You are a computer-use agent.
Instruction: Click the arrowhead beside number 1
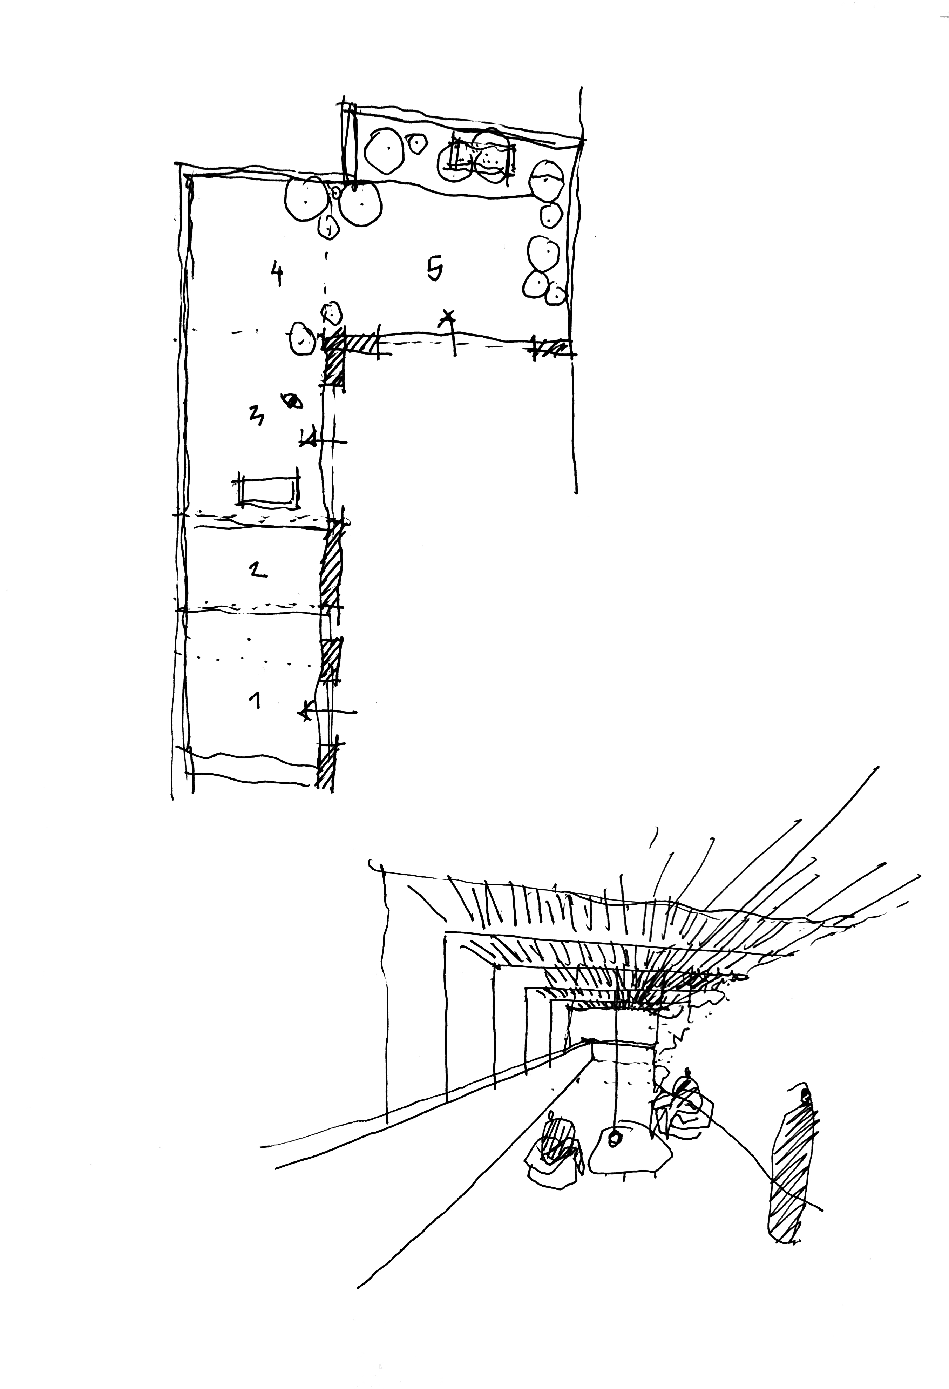coord(306,711)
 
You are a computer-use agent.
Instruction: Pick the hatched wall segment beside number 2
coord(331,565)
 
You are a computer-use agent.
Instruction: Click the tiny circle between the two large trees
coord(336,193)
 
